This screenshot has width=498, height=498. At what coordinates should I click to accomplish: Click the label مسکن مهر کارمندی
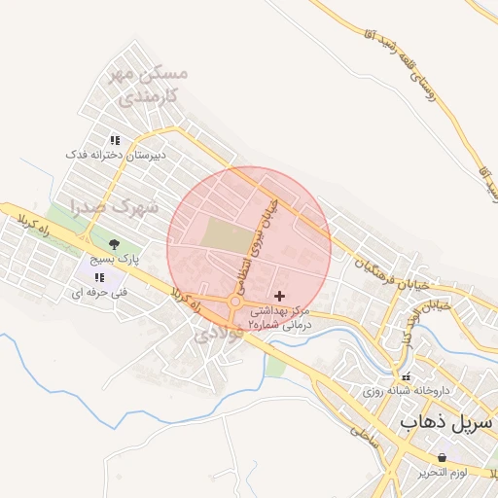tap(150, 86)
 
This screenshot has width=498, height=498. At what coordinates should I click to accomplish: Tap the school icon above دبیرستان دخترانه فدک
tap(115, 140)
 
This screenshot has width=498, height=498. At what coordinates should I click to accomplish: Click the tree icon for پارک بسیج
tap(115, 244)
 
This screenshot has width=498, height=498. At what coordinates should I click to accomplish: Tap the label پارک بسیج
tap(116, 260)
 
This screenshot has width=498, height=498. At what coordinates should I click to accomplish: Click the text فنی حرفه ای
tap(100, 292)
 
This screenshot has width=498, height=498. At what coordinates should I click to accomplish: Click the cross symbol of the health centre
tap(281, 295)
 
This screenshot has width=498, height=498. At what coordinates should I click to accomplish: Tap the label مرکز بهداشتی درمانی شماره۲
tap(281, 317)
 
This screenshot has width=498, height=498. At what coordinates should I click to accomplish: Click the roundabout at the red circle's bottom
tap(234, 305)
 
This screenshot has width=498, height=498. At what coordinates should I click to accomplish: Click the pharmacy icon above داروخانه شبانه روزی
tap(407, 376)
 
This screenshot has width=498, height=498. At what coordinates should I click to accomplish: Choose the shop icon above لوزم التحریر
tap(444, 457)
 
